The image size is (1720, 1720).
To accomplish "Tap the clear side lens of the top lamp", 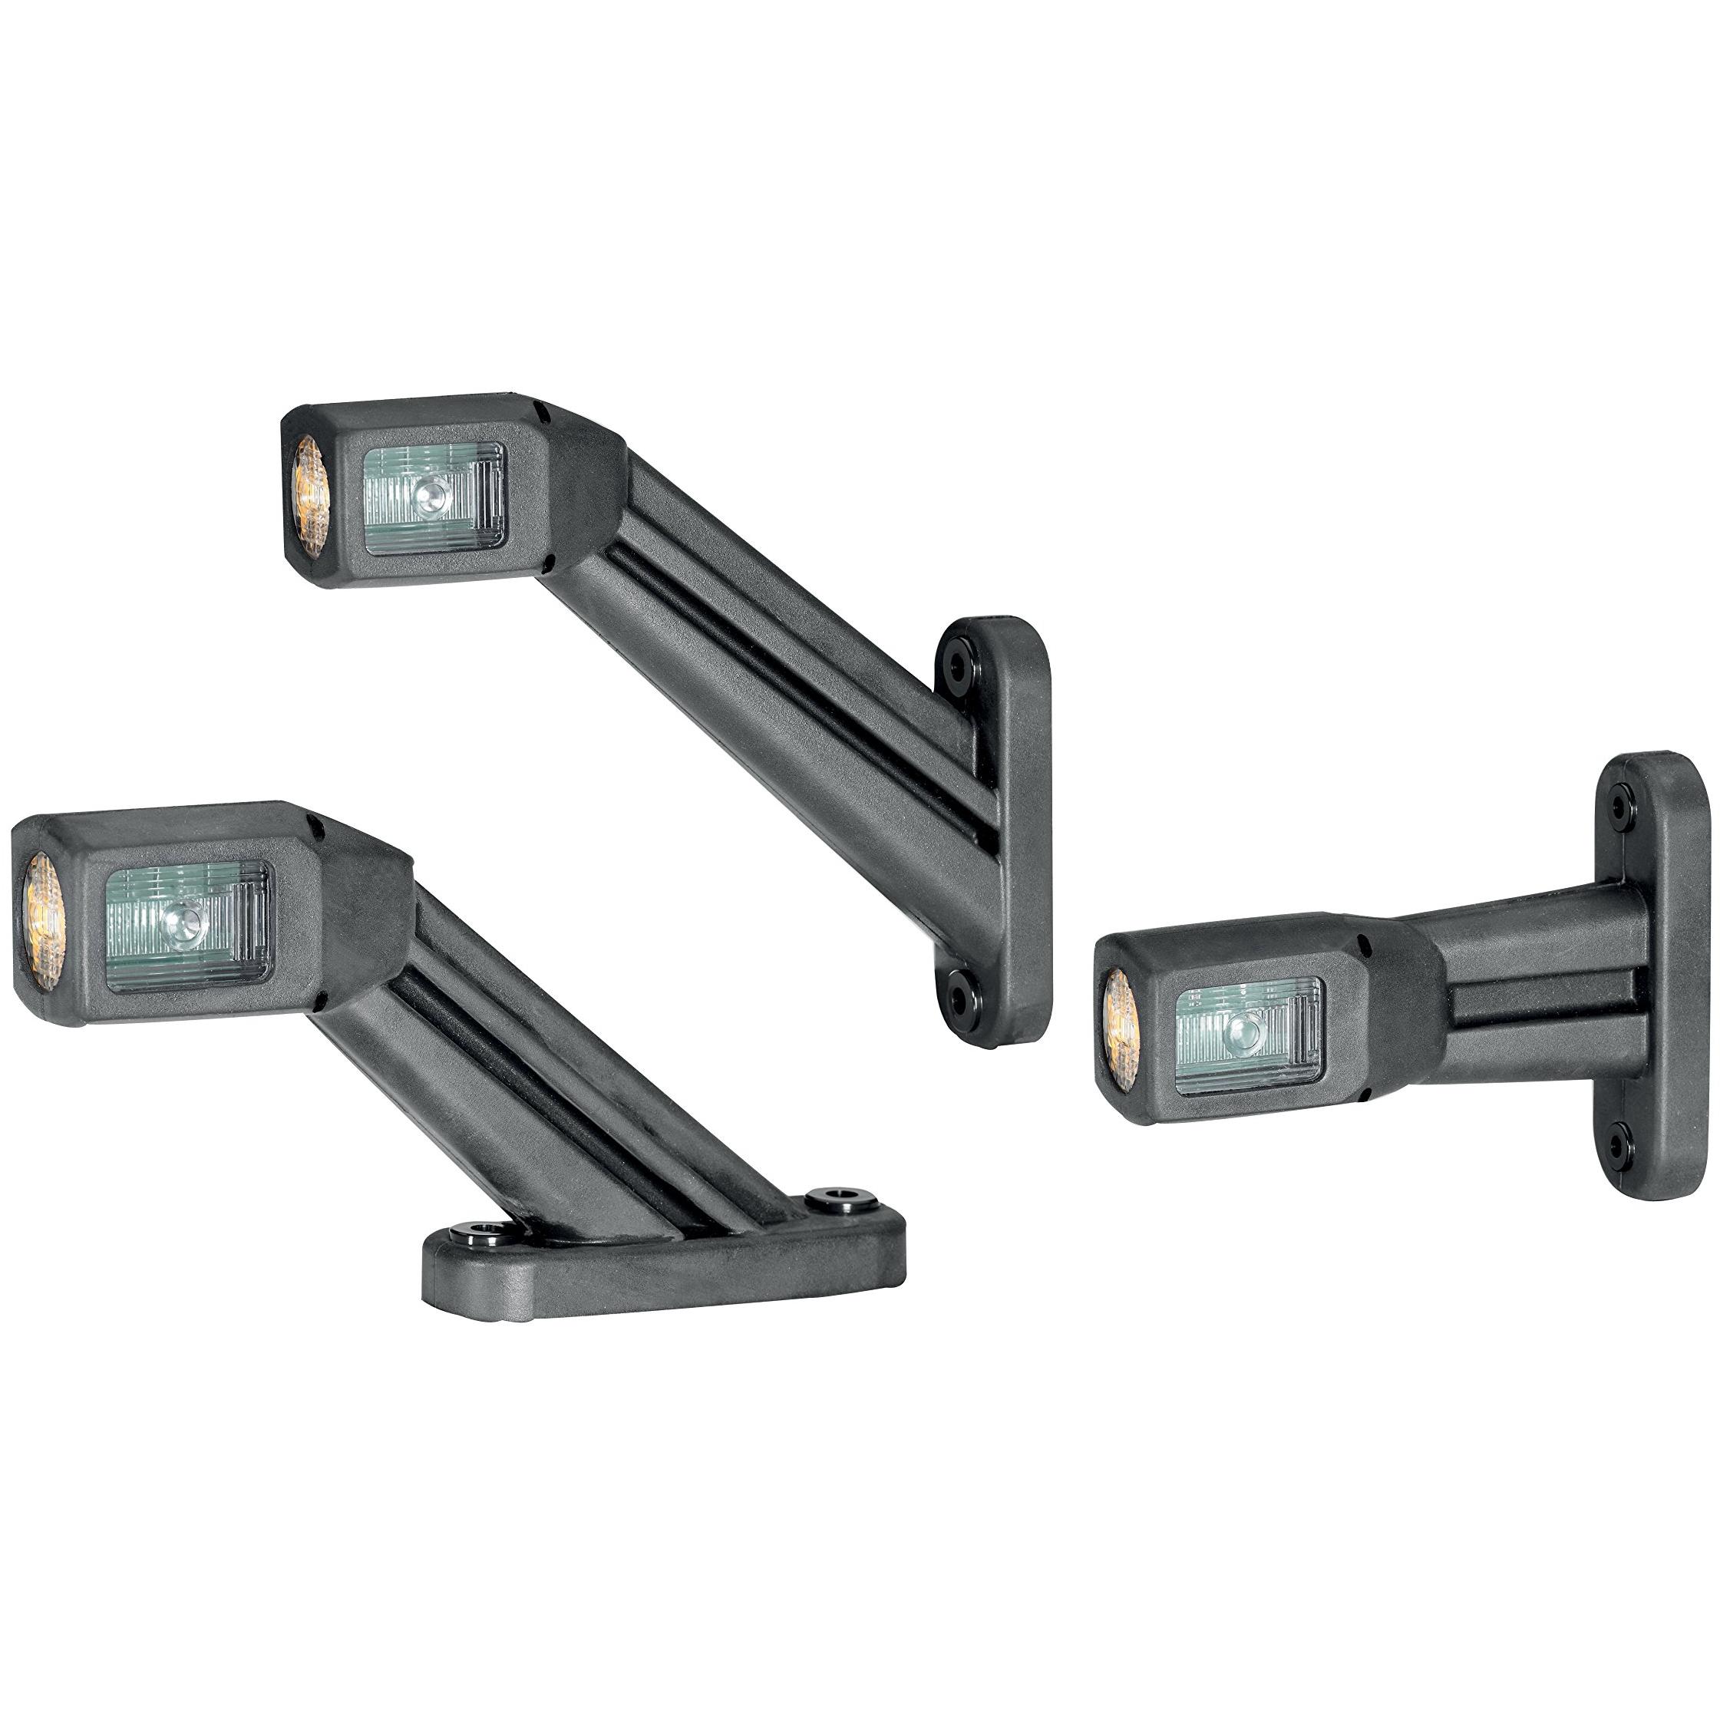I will [x=435, y=499].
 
